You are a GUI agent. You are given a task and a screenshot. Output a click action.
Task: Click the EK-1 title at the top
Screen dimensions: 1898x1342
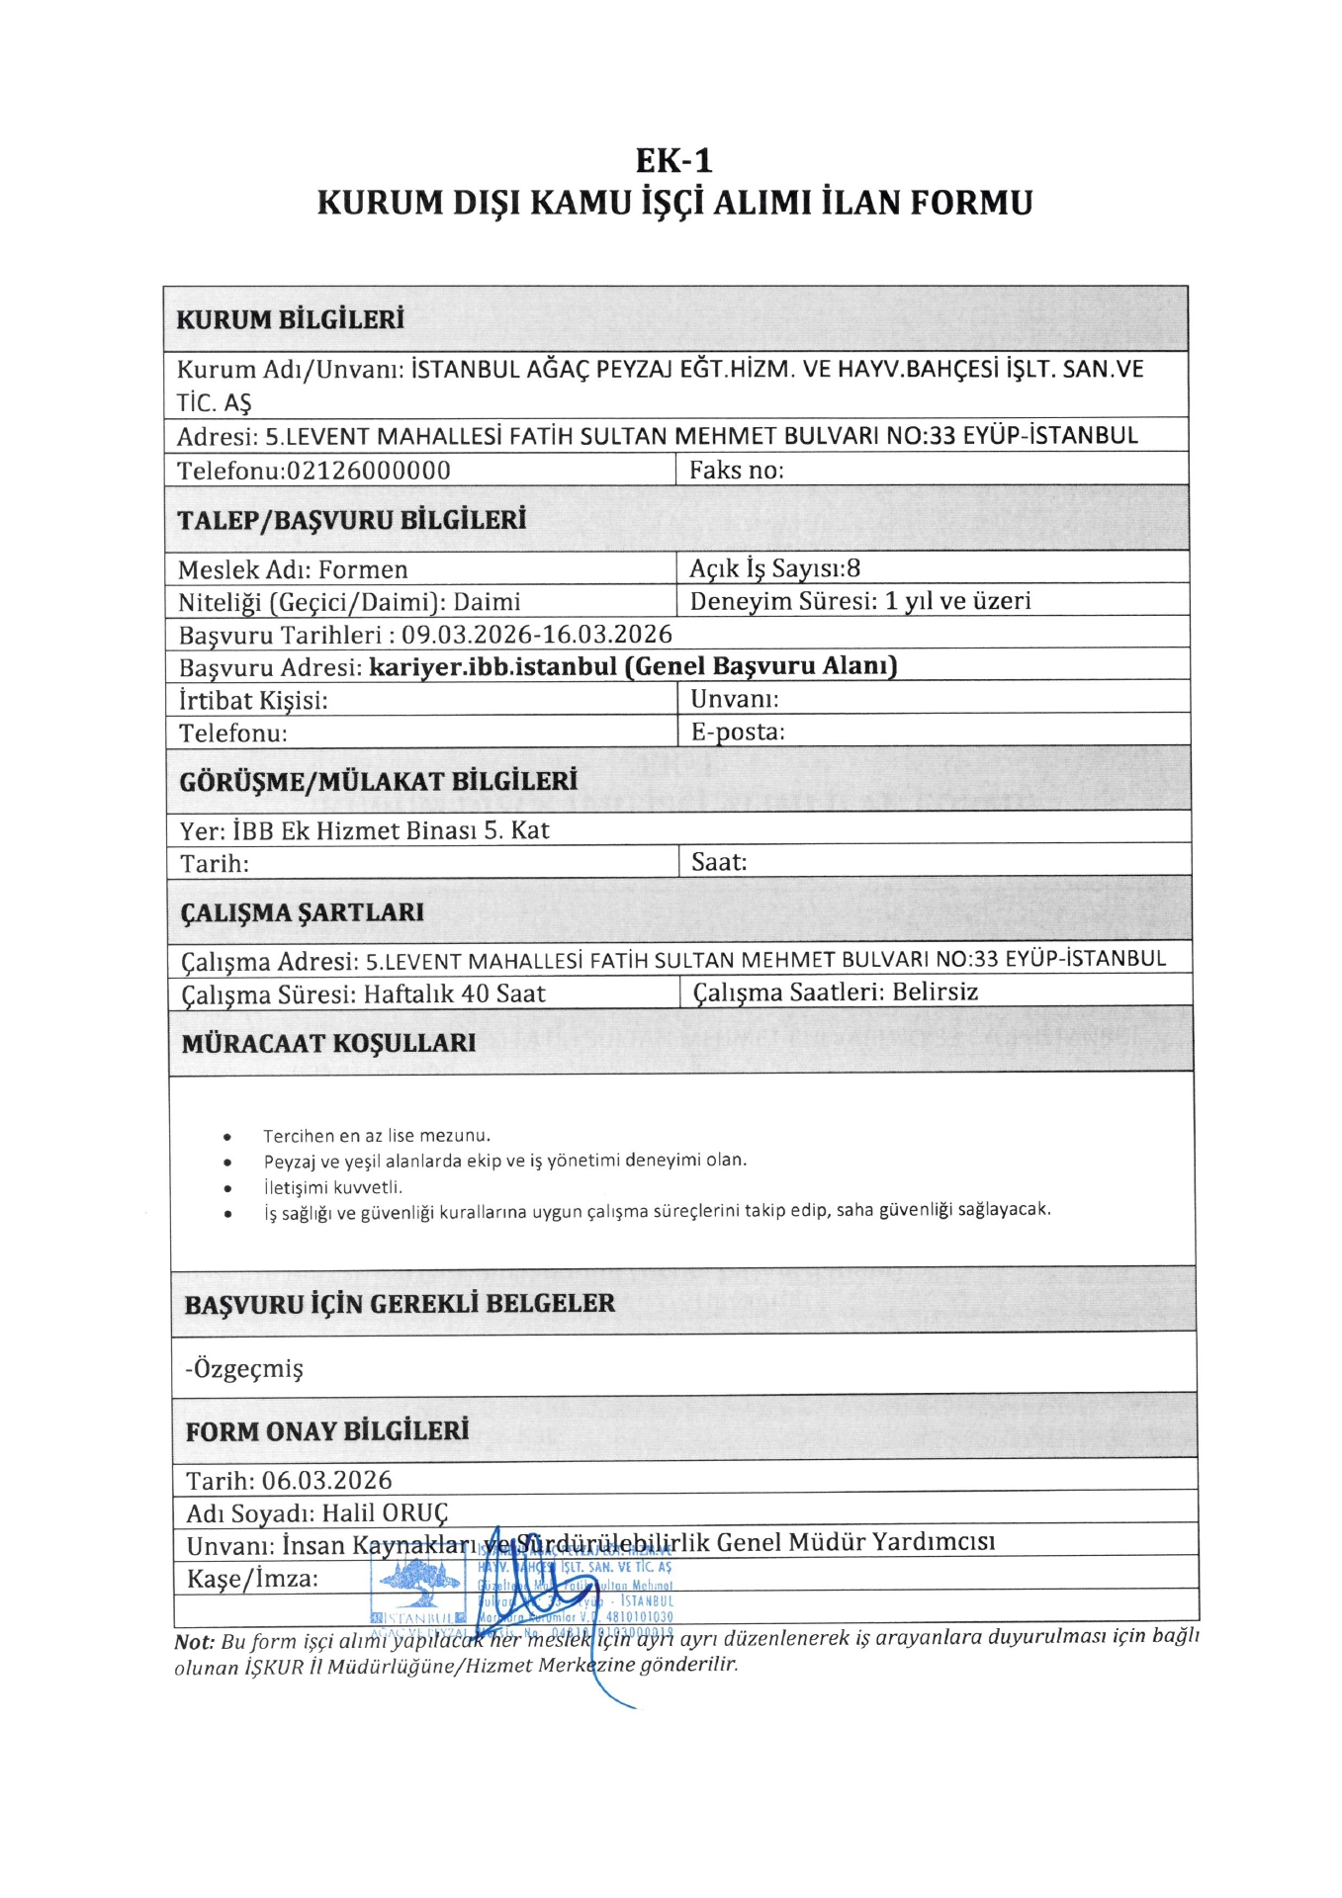(673, 160)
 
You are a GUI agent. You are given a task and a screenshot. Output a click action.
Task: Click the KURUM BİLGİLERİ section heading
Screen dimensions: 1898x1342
(290, 319)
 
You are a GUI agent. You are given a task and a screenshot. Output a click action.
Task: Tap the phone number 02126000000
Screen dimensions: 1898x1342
(368, 471)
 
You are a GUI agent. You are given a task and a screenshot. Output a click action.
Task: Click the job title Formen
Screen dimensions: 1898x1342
(363, 569)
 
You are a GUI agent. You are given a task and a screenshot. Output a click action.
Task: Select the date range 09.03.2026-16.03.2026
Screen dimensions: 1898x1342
(536, 634)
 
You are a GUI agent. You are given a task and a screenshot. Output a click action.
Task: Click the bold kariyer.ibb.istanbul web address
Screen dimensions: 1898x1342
(492, 666)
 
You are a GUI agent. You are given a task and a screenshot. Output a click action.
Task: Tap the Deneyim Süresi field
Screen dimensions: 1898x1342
(859, 601)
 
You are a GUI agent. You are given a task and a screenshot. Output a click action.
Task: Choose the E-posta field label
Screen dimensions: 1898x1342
(737, 732)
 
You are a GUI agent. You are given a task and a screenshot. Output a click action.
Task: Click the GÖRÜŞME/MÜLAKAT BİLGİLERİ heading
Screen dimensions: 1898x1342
(378, 781)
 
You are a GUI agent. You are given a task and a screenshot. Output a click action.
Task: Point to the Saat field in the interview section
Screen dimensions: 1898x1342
(719, 862)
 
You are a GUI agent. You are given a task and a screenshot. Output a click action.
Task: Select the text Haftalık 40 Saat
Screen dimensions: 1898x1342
(454, 993)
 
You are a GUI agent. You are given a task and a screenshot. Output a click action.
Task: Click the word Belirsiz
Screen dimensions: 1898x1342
(935, 992)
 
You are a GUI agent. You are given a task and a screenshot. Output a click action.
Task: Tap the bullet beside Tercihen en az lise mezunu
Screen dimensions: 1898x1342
(228, 1137)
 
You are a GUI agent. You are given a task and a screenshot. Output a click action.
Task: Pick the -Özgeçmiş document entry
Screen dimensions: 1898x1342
(243, 1368)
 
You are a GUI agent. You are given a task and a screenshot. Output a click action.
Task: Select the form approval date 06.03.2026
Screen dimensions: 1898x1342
(326, 1480)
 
